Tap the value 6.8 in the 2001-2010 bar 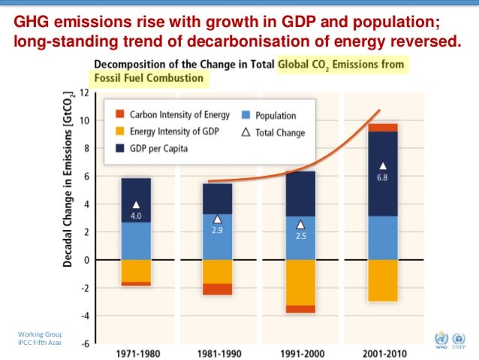coord(383,178)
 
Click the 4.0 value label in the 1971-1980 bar coord(136,216)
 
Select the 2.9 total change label coord(218,231)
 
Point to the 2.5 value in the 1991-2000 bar coord(300,236)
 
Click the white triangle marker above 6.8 coord(383,166)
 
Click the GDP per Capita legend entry coord(158,149)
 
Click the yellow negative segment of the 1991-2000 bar coord(300,283)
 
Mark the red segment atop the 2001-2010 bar coord(383,127)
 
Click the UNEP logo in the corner coord(459,339)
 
